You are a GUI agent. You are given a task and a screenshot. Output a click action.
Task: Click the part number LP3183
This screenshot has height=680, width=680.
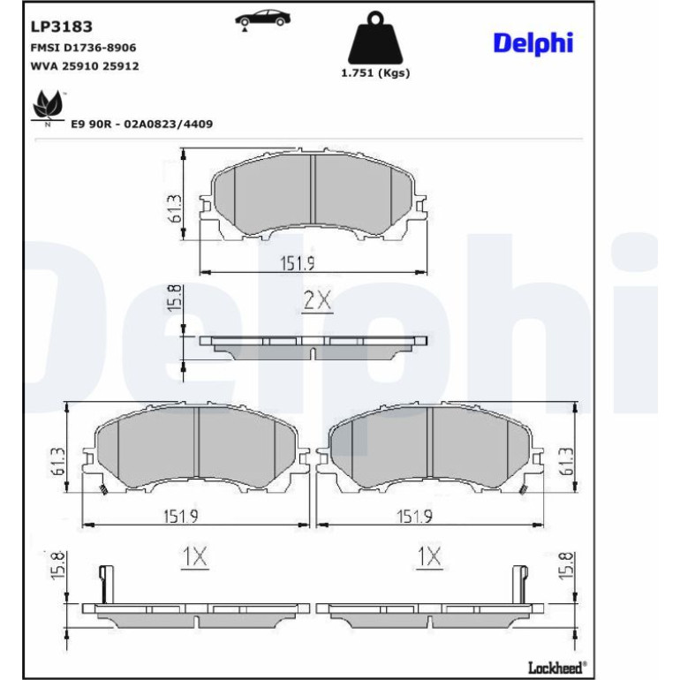click(61, 26)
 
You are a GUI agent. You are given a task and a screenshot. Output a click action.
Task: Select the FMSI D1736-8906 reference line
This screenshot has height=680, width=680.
click(83, 48)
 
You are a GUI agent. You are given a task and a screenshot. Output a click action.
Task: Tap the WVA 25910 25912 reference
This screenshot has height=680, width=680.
click(85, 66)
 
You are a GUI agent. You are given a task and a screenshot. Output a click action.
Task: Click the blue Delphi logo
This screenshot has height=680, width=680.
click(533, 43)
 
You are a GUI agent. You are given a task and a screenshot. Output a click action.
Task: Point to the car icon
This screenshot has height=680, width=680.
click(262, 19)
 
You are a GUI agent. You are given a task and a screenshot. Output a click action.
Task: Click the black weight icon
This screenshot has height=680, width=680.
click(375, 38)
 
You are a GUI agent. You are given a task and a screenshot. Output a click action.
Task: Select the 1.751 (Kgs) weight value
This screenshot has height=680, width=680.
click(375, 72)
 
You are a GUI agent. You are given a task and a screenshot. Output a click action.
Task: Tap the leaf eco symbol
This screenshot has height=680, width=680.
click(49, 106)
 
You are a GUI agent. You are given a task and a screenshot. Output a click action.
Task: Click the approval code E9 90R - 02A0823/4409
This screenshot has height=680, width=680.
click(142, 124)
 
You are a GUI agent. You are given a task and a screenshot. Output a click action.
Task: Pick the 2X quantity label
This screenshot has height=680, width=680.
click(317, 300)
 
